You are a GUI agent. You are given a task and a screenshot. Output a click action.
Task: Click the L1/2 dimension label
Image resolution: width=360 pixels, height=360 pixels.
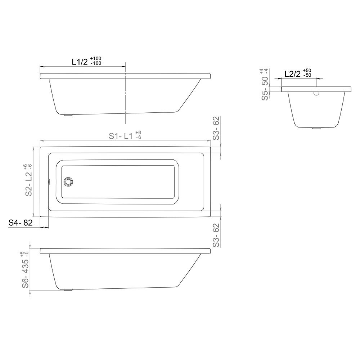click(x=80, y=62)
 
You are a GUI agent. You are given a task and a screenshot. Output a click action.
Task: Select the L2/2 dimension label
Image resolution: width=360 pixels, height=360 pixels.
click(x=292, y=74)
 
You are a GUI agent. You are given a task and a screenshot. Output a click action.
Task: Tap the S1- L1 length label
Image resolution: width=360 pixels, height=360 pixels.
click(x=121, y=136)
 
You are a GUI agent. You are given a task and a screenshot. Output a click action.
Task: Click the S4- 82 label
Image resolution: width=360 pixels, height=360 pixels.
click(x=21, y=222)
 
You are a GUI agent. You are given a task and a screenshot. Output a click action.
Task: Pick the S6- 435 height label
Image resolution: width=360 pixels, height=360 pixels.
click(x=26, y=273)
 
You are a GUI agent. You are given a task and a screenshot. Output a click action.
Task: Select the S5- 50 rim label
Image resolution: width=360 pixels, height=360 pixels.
click(x=265, y=89)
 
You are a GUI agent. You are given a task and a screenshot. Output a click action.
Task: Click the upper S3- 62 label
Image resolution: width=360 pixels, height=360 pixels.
click(x=216, y=128)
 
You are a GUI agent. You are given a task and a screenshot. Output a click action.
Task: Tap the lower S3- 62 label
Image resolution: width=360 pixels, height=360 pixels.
click(x=216, y=235)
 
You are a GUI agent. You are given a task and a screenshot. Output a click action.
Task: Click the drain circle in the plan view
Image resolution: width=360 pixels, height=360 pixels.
click(x=68, y=181)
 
